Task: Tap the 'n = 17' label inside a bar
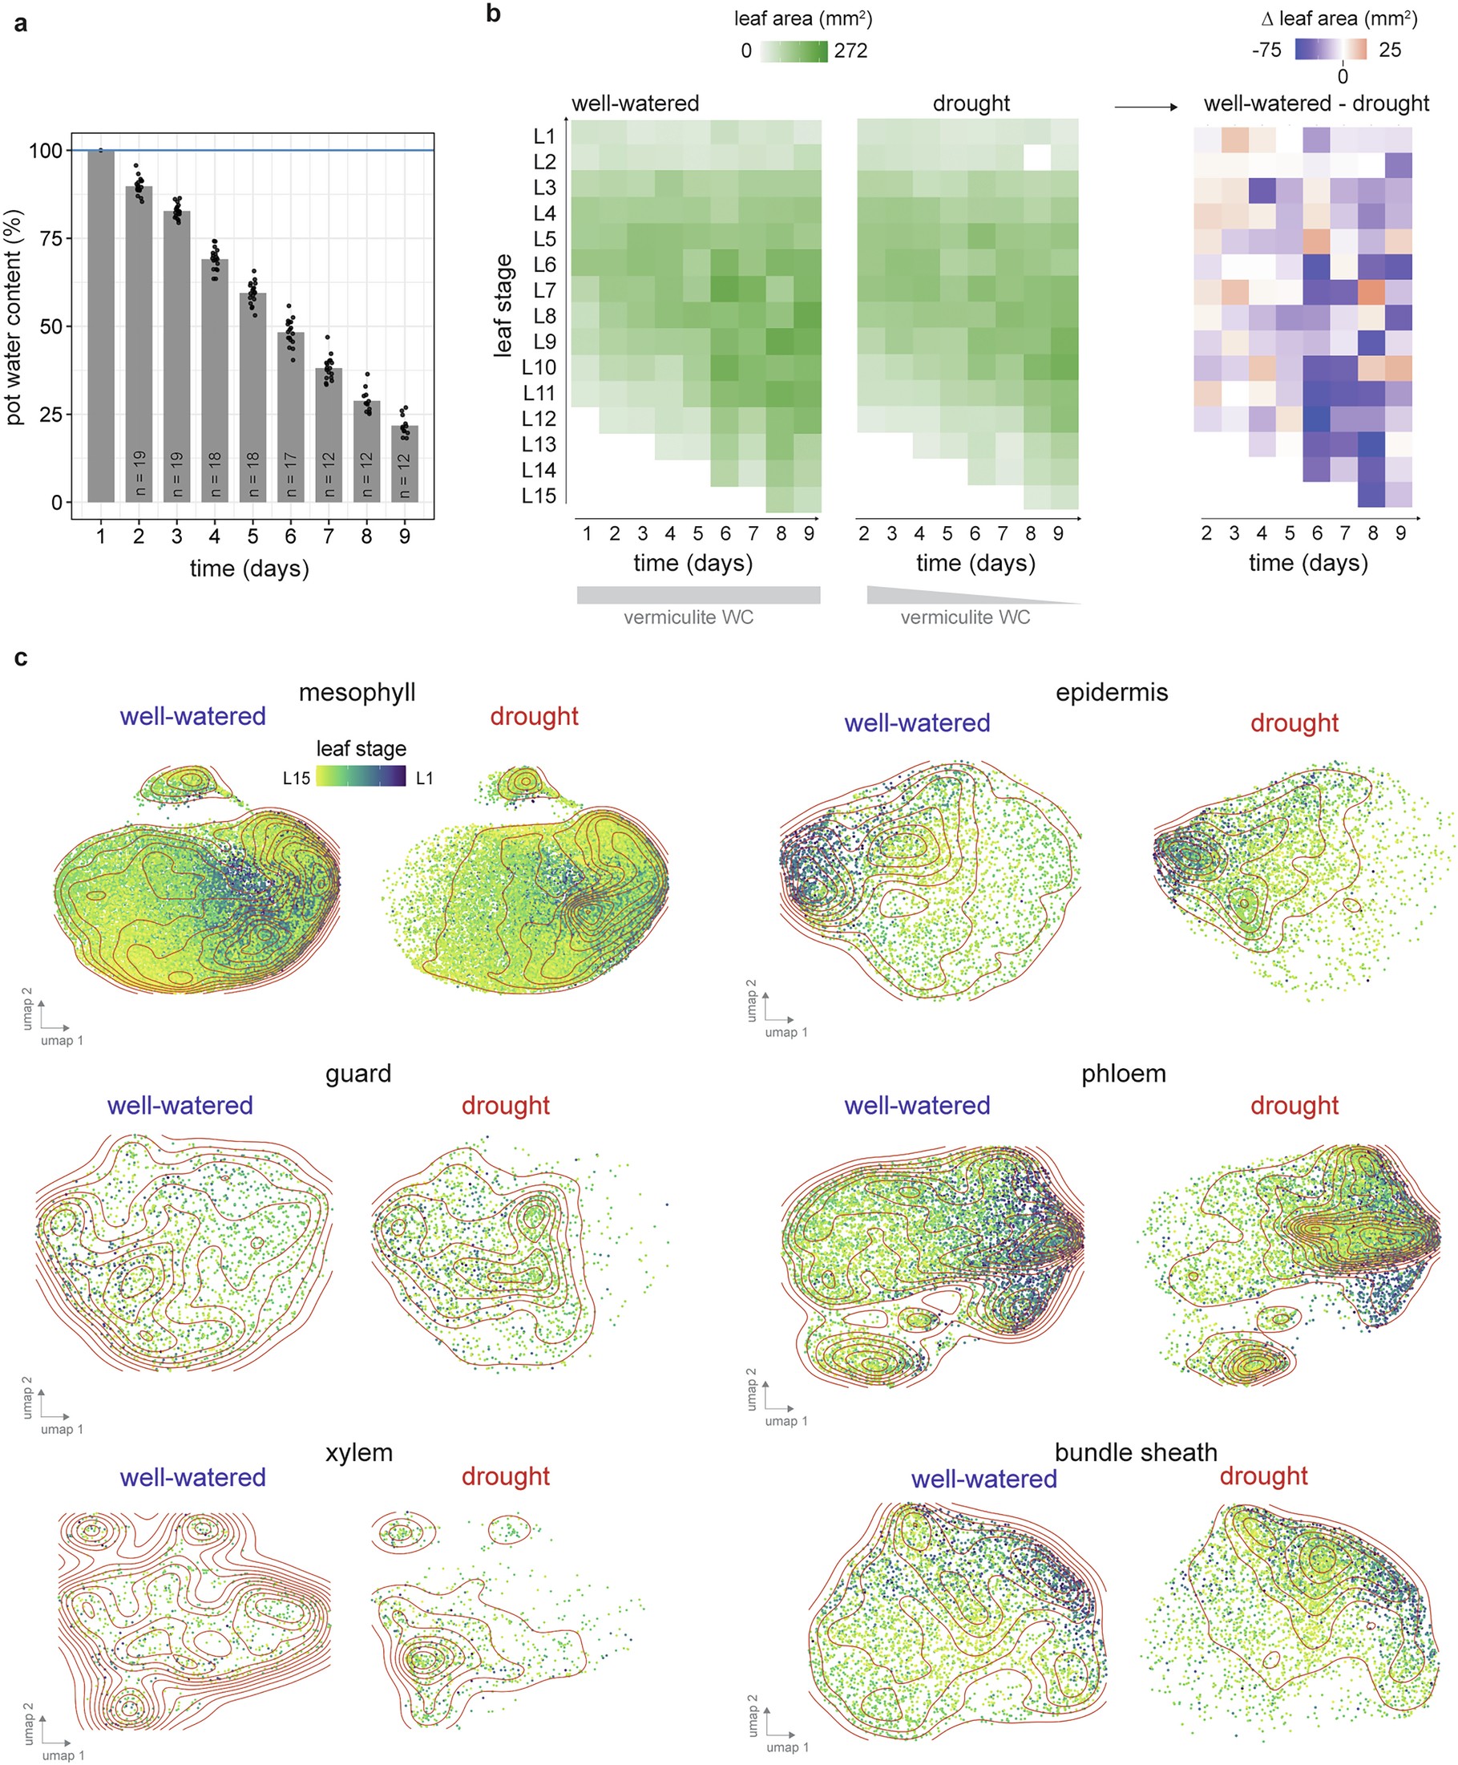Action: (291, 475)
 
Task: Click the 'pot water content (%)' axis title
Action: (14, 318)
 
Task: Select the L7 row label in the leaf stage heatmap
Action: (544, 290)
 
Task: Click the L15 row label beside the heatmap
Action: (539, 496)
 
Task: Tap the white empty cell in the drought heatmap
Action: (1037, 158)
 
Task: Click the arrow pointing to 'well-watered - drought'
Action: (1145, 107)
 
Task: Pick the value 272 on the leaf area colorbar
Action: (850, 51)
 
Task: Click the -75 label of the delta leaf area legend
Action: (1266, 50)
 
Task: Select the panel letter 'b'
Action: (493, 14)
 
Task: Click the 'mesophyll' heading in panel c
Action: (357, 692)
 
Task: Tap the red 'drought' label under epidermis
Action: (1294, 723)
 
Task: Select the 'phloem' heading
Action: (1123, 1074)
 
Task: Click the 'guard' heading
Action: (357, 1074)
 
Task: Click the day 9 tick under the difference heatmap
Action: (1400, 533)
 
